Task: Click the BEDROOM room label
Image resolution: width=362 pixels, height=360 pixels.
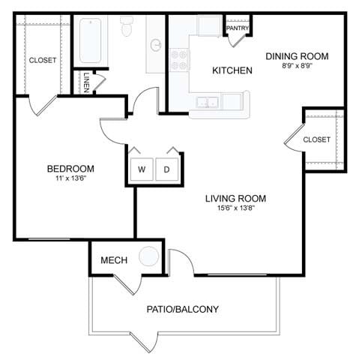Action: pyautogui.click(x=71, y=168)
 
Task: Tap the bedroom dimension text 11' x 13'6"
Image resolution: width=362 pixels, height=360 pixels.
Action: pyautogui.click(x=71, y=179)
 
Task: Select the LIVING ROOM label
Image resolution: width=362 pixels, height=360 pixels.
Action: pyautogui.click(x=236, y=199)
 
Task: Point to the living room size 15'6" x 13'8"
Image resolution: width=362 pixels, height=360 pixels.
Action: pyautogui.click(x=236, y=209)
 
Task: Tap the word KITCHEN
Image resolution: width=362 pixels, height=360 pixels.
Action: pyautogui.click(x=232, y=70)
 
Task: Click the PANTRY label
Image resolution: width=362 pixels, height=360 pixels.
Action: pyautogui.click(x=237, y=28)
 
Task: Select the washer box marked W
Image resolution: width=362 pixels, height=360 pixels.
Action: pyautogui.click(x=141, y=169)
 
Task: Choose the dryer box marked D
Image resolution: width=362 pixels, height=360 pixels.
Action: pyautogui.click(x=167, y=169)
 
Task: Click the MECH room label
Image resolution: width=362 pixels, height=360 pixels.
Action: pyautogui.click(x=114, y=260)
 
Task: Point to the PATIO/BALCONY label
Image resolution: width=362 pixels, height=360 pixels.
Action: pyautogui.click(x=183, y=308)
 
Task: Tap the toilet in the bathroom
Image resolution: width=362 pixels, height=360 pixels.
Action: pyautogui.click(x=127, y=28)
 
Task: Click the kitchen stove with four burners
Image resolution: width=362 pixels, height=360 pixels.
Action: pyautogui.click(x=178, y=59)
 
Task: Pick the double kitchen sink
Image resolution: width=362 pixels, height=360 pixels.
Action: pyautogui.click(x=208, y=102)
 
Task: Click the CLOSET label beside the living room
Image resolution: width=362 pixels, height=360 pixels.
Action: pyautogui.click(x=317, y=139)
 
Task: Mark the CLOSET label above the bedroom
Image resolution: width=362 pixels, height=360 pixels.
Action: pyautogui.click(x=43, y=60)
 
